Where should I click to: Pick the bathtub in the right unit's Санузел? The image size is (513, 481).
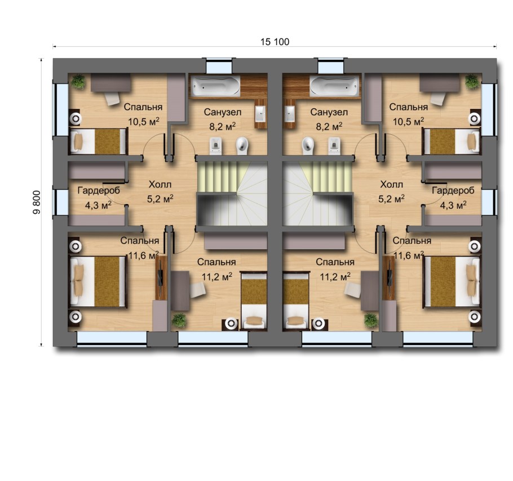tap(334, 86)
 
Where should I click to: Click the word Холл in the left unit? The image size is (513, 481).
tap(160, 184)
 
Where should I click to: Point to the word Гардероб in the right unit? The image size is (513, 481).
tap(453, 191)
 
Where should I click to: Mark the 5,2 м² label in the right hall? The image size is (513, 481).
tap(392, 198)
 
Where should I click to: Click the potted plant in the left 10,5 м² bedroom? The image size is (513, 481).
tap(78, 81)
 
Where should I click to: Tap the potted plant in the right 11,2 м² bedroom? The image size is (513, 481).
tap(371, 320)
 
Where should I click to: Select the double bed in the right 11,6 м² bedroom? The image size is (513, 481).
tap(452, 280)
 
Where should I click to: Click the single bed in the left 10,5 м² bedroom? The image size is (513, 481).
tap(99, 141)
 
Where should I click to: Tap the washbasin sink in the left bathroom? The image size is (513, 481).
tap(261, 114)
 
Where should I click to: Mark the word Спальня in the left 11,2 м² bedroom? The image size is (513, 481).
tap(218, 262)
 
